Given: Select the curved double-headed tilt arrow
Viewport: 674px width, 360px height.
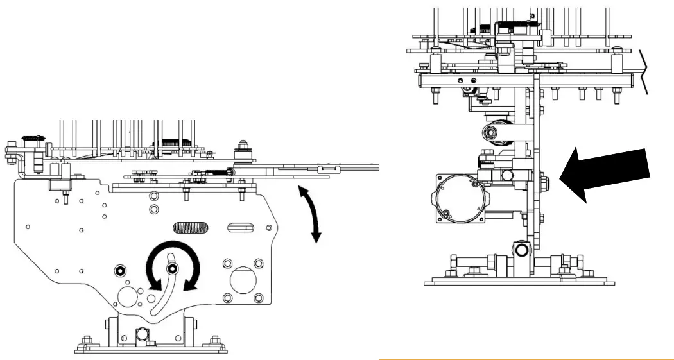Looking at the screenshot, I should [309, 215].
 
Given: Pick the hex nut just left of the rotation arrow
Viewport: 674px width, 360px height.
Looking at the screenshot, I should [120, 268].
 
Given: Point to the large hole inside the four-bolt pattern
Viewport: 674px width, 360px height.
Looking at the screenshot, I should [242, 280].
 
